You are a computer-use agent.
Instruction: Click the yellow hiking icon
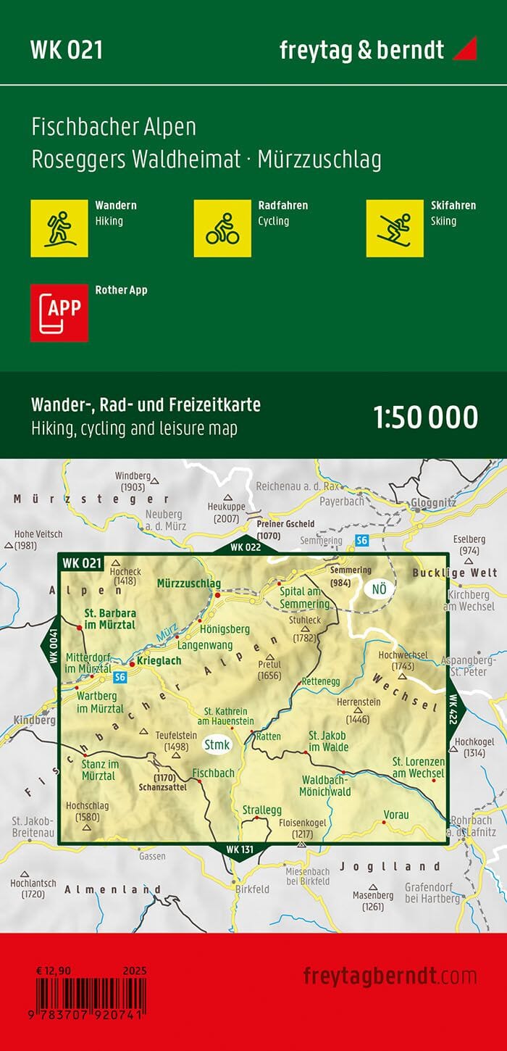point(59,228)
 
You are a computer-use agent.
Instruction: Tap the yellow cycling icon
point(222,228)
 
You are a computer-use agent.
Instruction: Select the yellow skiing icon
point(395,228)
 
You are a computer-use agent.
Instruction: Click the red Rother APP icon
point(59,312)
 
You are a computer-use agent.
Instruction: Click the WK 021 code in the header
point(66,50)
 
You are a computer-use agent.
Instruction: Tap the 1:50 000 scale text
point(425,418)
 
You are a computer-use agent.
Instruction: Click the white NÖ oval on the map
point(379,589)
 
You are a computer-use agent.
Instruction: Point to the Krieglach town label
point(159,661)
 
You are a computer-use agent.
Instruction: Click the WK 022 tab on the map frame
point(246,547)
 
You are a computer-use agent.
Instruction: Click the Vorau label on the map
point(397,815)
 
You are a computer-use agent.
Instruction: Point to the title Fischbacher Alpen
point(114,128)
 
